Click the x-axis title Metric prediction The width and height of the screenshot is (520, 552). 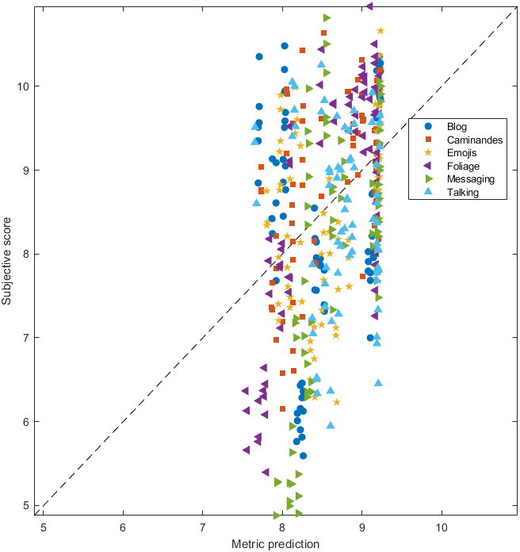coord(275,544)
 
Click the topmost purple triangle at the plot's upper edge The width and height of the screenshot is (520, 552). coord(369,6)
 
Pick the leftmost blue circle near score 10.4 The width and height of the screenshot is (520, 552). coord(259,57)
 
